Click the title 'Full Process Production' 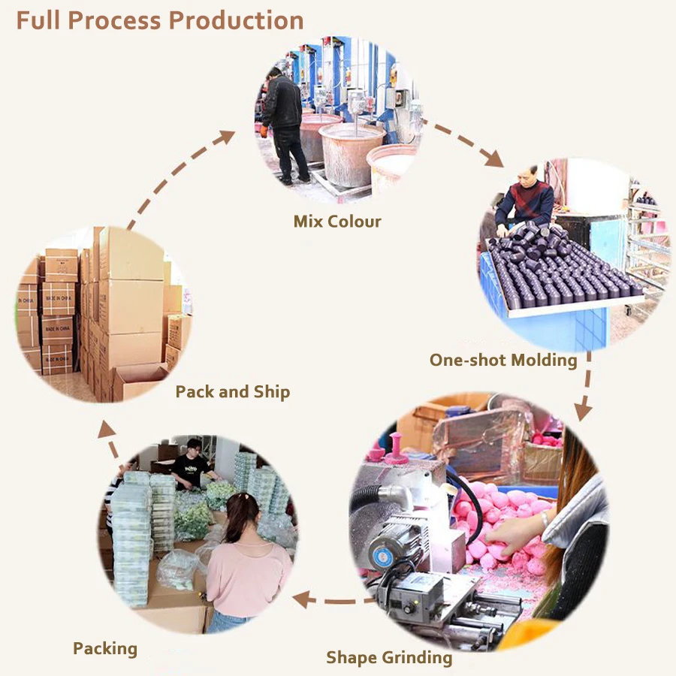coord(159,20)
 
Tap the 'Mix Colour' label coord(337,222)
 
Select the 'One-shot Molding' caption coord(502,361)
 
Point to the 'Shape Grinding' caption coord(389,658)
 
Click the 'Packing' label coord(105,648)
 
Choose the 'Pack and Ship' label coord(232,392)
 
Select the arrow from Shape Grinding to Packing coord(330,599)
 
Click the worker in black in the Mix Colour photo coord(283,120)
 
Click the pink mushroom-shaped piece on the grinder coord(395,448)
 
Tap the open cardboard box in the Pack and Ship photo coord(139,379)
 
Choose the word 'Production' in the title coord(237,20)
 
